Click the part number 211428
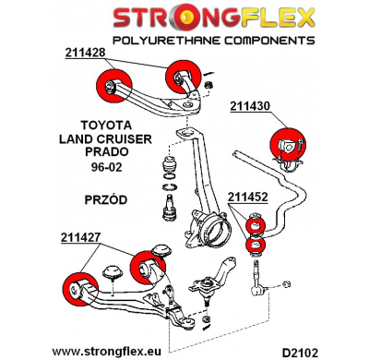pos(86,53)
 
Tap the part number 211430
pos(250,106)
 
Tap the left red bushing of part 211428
pos(110,81)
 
